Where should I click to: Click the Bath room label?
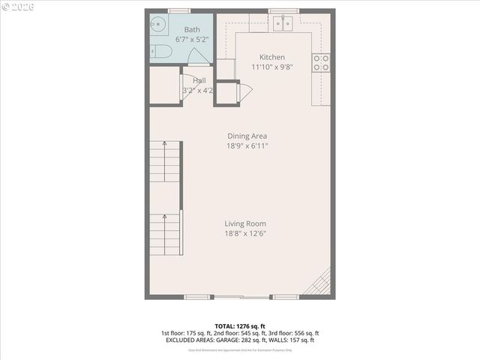[x=192, y=30]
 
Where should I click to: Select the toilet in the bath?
[x=161, y=51]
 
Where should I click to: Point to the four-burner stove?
[x=321, y=63]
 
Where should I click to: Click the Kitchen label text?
[x=271, y=57]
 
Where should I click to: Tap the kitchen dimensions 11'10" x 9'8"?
[x=271, y=66]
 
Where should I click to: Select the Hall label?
[x=199, y=80]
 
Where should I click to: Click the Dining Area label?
[x=247, y=136]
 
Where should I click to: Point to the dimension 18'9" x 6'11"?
[x=247, y=145]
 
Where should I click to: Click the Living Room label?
[x=245, y=223]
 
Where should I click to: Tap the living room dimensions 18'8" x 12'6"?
[x=245, y=233]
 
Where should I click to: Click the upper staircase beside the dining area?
[x=165, y=161]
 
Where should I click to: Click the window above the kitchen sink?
[x=283, y=10]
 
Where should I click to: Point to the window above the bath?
[x=178, y=10]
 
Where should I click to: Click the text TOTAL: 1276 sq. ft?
[x=239, y=325]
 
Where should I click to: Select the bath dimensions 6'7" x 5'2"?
[x=192, y=39]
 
